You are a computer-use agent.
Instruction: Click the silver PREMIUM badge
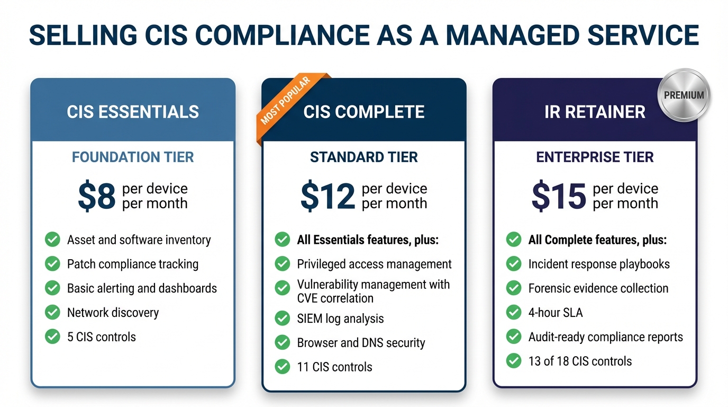pos(684,95)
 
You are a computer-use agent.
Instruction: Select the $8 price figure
pos(97,196)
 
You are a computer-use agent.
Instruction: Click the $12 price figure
pos(327,196)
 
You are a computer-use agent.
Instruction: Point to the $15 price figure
pos(559,196)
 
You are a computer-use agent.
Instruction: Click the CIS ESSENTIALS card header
pos(133,112)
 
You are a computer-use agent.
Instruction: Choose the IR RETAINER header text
pos(595,112)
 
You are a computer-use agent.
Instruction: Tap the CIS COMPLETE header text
pos(364,112)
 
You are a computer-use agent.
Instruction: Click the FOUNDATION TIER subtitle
pos(133,157)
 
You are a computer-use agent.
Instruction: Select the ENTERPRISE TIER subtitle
pos(595,157)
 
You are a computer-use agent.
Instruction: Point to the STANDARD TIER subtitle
pos(364,157)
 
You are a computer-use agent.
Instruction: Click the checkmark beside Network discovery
pos(52,313)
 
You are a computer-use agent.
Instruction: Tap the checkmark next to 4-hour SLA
pos(514,313)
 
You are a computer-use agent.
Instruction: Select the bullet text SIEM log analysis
pos(340,319)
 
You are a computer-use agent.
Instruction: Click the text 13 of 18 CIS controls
pos(580,361)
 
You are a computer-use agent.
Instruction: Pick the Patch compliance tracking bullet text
pos(133,264)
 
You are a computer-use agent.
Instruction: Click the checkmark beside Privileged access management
pos(283,264)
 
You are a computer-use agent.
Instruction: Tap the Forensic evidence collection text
pos(598,288)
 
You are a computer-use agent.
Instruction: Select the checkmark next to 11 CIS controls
pos(283,367)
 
